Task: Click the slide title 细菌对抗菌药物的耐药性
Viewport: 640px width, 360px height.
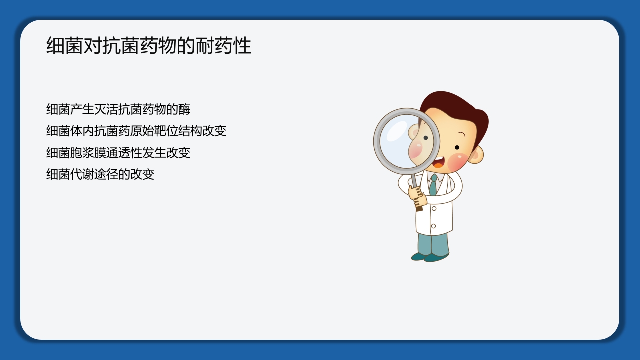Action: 148,46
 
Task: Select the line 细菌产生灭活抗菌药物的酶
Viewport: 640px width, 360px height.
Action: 118,109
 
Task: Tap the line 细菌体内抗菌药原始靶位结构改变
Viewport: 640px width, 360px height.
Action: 136,131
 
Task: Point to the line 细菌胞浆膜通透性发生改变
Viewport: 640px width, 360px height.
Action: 118,152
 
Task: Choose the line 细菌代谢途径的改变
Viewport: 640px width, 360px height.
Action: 100,174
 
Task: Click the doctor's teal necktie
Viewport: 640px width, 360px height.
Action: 433,185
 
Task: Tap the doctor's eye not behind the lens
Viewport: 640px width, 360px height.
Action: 457,147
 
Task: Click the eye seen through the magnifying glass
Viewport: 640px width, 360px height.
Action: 426,138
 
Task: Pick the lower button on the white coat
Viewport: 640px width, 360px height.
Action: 433,226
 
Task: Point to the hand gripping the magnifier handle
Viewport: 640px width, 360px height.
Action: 417,196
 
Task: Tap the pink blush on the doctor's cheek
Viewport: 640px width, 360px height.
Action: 457,161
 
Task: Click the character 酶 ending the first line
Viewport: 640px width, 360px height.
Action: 184,109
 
